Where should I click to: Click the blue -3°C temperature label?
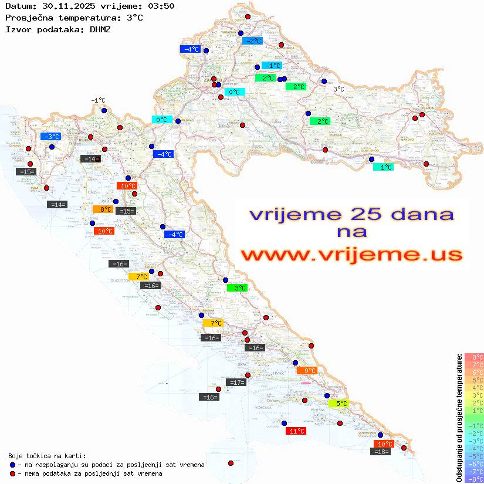[50, 136]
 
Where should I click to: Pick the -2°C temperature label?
[252, 41]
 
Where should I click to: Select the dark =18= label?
[381, 451]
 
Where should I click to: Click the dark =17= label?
[236, 383]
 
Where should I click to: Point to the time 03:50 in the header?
[161, 6]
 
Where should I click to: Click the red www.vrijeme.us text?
[351, 255]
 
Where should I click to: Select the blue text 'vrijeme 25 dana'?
[351, 214]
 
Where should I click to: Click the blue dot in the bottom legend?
[12, 465]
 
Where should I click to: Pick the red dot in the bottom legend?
[12, 473]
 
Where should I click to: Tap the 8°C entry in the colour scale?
[474, 357]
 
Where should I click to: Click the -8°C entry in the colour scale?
[474, 479]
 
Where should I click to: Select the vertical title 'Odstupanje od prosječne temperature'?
[459, 418]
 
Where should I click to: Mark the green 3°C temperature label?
[237, 287]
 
